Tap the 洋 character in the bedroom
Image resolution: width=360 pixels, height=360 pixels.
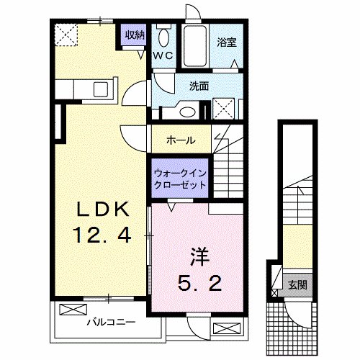point(199,255)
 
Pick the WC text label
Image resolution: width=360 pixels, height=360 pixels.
point(162,55)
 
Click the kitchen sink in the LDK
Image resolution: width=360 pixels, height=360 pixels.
point(100,89)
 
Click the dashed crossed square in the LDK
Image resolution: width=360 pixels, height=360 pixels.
point(66,32)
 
